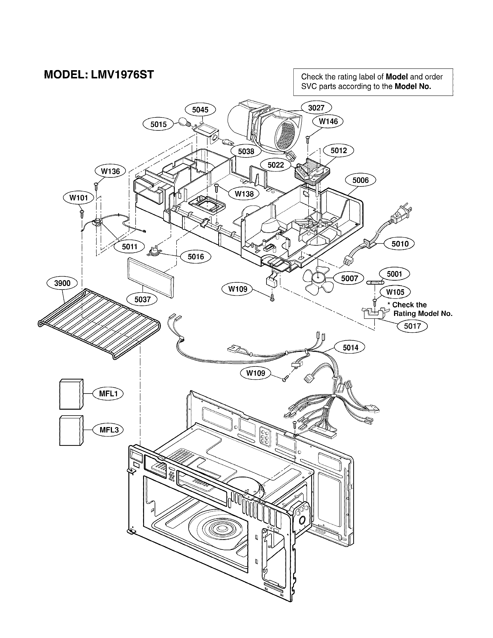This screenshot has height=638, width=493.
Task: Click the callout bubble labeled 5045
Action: [200, 110]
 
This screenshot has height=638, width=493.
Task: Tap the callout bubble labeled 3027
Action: [316, 108]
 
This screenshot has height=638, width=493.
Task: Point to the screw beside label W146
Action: [308, 139]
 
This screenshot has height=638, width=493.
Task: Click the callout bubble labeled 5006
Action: [360, 180]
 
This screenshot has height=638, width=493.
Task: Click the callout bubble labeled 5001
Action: [394, 274]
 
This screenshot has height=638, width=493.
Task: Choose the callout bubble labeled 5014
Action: [350, 347]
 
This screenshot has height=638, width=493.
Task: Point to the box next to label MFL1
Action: [71, 394]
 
